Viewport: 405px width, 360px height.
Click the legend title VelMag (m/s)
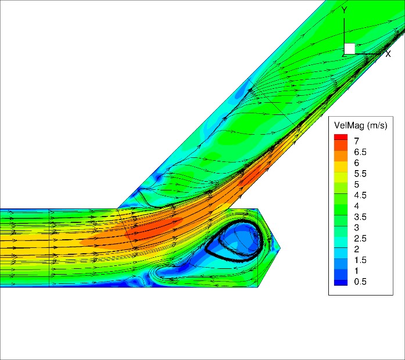(361, 125)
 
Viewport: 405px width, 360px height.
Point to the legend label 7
(357, 141)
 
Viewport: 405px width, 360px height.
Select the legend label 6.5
(360, 152)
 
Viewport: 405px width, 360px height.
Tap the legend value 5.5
(360, 174)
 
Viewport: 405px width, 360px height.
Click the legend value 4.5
(360, 195)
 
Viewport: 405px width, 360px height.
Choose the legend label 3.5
(360, 217)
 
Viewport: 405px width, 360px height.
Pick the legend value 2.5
(360, 239)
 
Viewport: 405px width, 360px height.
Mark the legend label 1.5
(360, 260)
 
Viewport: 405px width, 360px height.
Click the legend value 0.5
(360, 282)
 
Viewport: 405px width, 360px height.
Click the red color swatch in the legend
(341, 137)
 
